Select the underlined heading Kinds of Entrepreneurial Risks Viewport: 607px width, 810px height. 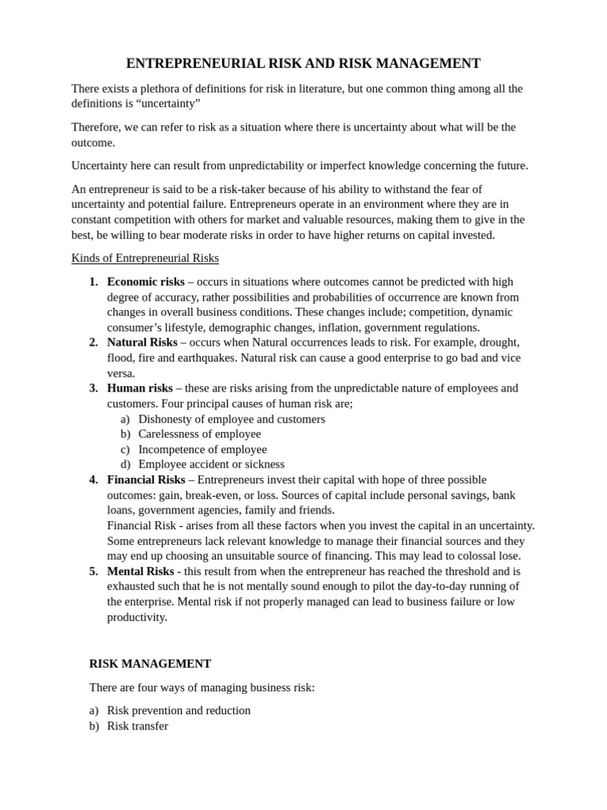click(x=145, y=258)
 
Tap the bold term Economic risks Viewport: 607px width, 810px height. click(x=145, y=282)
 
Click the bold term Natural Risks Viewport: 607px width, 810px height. click(x=142, y=343)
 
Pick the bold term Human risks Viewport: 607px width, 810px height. click(x=140, y=388)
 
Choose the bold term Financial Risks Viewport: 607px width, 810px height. click(x=146, y=480)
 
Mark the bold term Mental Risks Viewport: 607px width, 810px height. click(x=141, y=571)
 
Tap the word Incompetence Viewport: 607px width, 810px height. click(x=174, y=449)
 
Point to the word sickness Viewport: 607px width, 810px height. click(x=264, y=464)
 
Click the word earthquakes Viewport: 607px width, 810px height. click(x=208, y=358)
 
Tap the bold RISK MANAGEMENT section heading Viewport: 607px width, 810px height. click(x=150, y=664)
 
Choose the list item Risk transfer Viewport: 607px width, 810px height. click(x=138, y=725)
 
